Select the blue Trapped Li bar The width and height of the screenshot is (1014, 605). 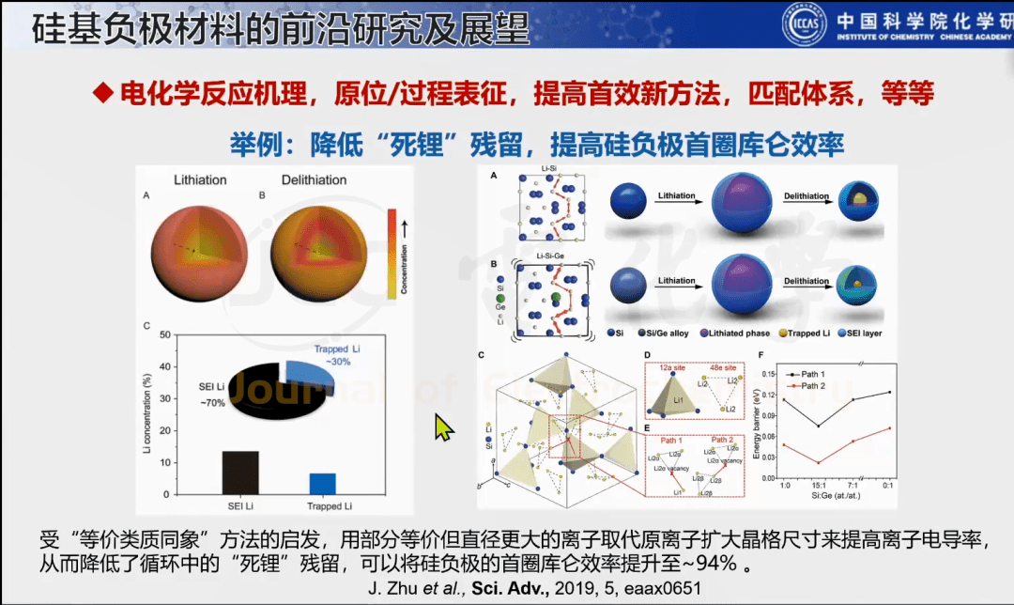click(322, 483)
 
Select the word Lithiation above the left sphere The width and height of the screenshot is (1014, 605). click(198, 179)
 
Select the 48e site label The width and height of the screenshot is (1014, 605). click(719, 360)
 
